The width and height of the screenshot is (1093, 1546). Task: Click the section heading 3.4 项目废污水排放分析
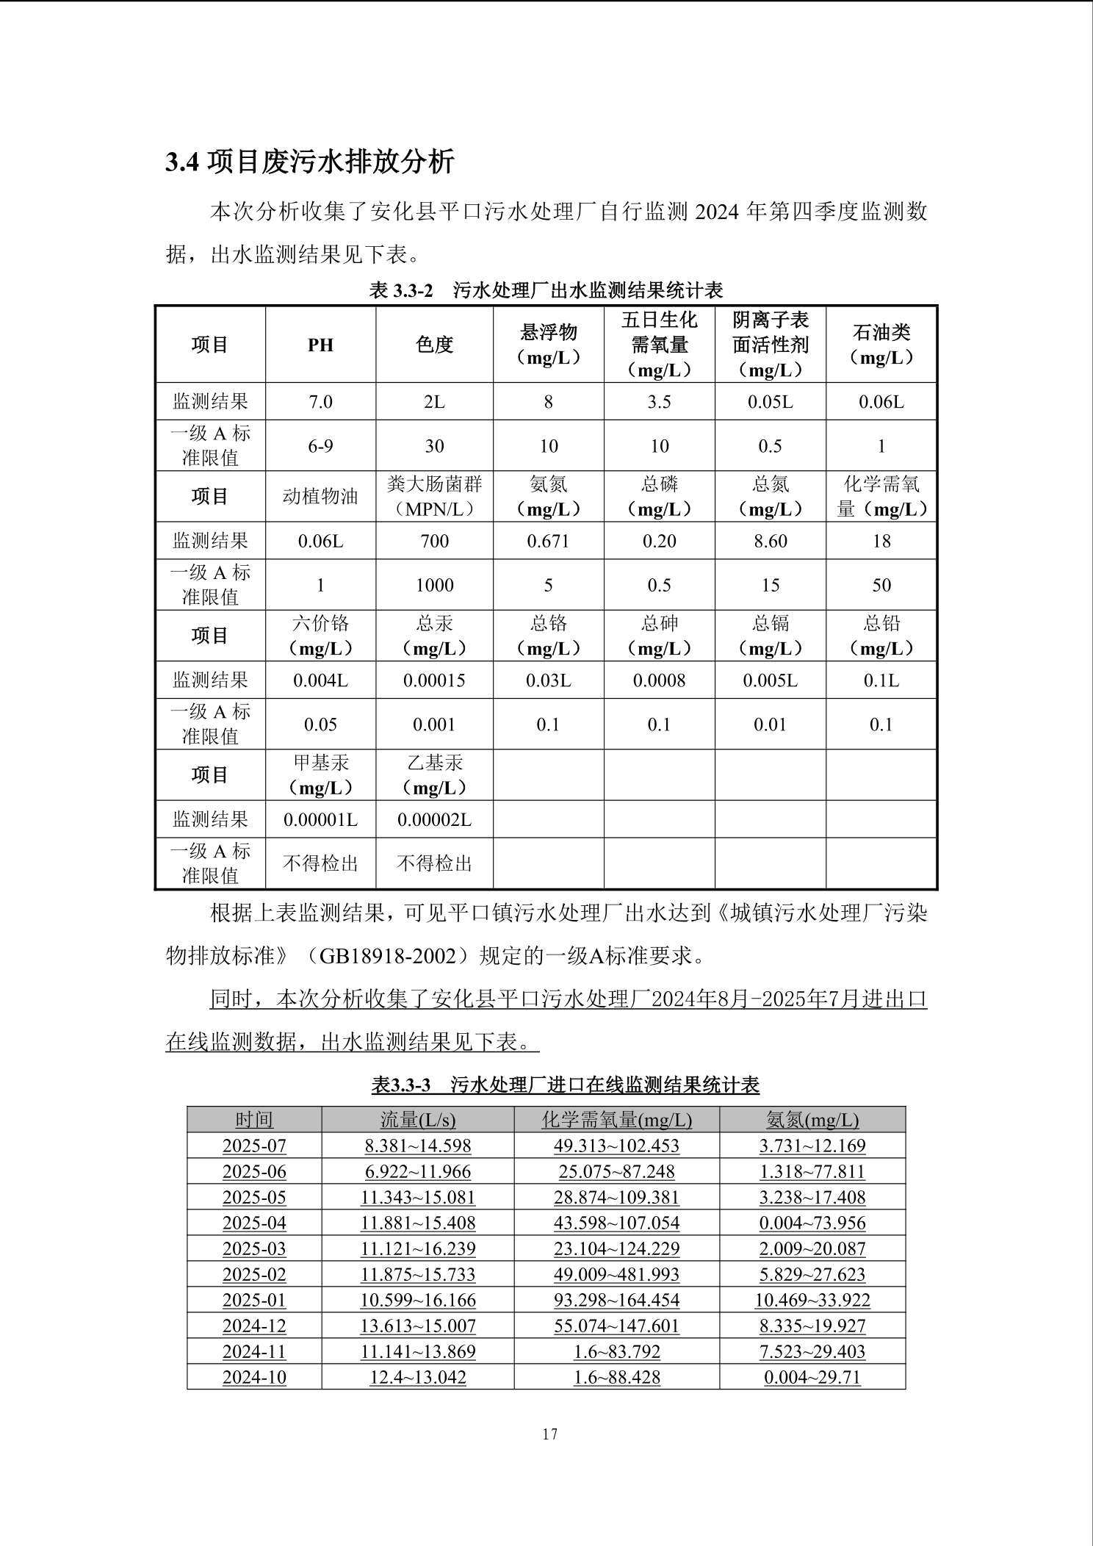click(310, 162)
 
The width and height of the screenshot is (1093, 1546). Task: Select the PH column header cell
click(320, 345)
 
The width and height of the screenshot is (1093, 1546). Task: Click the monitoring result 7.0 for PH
click(320, 402)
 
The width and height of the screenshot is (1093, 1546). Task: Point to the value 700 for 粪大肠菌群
click(434, 542)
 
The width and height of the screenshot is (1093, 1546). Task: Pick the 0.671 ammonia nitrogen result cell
click(548, 542)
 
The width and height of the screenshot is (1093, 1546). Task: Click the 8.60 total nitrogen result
click(770, 542)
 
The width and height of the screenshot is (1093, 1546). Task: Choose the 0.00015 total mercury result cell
click(434, 680)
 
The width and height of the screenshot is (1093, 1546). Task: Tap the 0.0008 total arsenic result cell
click(659, 680)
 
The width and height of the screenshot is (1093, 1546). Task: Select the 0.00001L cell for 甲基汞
click(320, 819)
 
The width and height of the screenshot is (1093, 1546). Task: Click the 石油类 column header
click(881, 345)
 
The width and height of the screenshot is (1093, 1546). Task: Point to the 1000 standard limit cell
click(434, 586)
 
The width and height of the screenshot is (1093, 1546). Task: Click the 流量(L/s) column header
click(418, 1120)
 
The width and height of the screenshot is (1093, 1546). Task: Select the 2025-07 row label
click(254, 1146)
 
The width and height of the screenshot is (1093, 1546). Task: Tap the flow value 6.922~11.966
click(418, 1171)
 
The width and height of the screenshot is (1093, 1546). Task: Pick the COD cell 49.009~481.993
click(616, 1274)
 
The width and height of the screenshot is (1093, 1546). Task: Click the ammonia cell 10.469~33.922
click(812, 1300)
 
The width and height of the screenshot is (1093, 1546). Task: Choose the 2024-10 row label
click(254, 1377)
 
